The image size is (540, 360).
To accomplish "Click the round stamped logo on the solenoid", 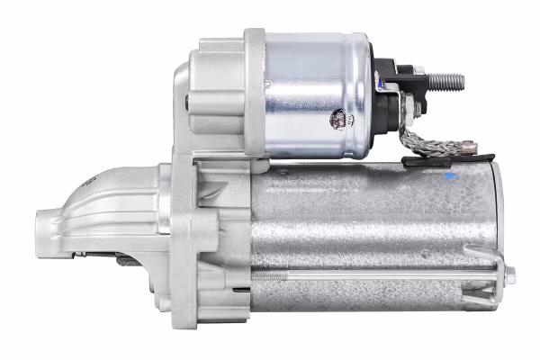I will tap(341, 119).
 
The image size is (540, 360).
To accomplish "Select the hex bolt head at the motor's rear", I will tap(509, 275).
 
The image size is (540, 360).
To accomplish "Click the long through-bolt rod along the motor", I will tap(378, 274).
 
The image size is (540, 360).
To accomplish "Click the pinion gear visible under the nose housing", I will tap(126, 260).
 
